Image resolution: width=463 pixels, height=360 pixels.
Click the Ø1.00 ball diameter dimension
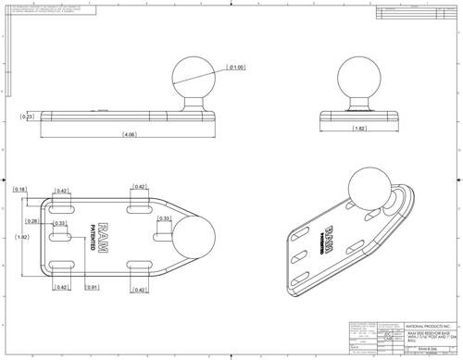[236, 68]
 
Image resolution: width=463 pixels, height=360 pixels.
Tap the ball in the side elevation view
[192, 79]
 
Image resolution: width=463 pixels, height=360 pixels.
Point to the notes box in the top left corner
[50, 10]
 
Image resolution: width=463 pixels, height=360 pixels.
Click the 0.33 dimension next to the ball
[164, 219]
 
